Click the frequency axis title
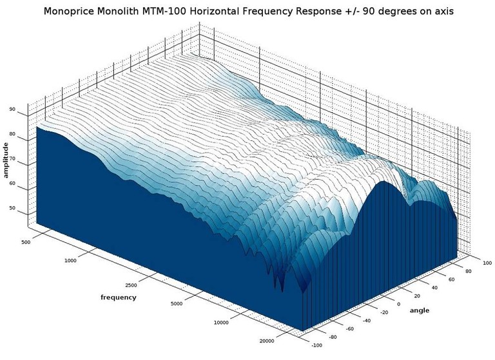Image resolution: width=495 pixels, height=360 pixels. click(119, 297)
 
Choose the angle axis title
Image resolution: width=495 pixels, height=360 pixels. click(420, 311)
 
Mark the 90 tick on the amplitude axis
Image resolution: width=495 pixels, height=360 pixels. click(12, 109)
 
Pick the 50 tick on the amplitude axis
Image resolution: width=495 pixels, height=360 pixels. click(12, 209)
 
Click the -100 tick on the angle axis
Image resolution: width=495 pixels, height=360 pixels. click(316, 345)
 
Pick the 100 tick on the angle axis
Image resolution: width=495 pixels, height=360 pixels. click(487, 262)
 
